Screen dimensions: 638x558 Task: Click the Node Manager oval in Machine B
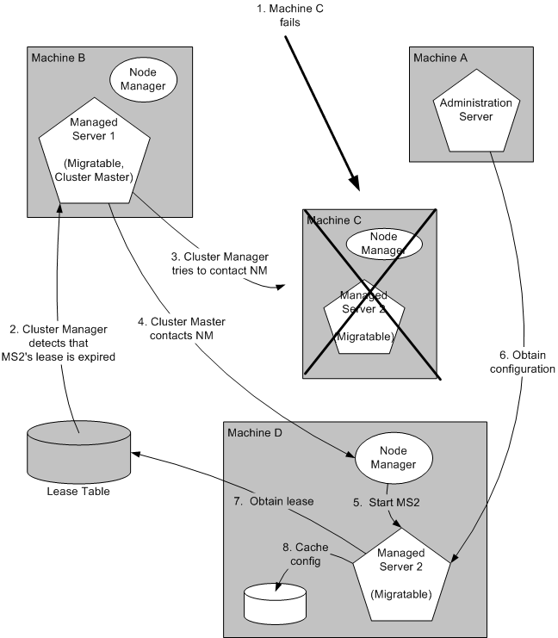click(143, 80)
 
